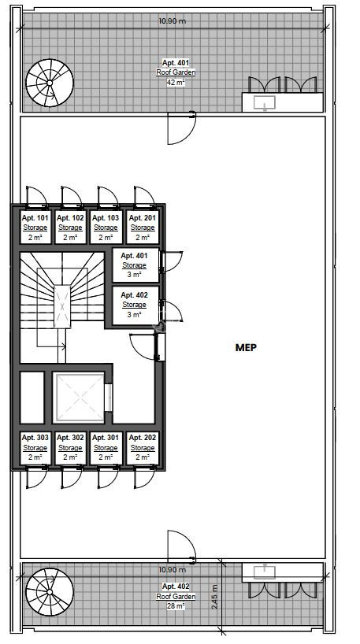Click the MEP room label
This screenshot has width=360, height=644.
[x=246, y=347]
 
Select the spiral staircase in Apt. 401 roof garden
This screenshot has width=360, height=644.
[x=50, y=83]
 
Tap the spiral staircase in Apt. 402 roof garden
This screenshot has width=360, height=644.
[x=50, y=592]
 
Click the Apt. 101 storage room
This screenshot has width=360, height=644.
[x=35, y=228]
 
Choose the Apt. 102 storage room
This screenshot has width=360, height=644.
[x=70, y=228]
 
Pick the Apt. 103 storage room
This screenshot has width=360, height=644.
[x=106, y=228]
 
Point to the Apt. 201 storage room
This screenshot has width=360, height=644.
[x=143, y=228]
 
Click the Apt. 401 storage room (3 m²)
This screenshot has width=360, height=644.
[x=135, y=265]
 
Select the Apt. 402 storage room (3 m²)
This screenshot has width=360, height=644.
[x=135, y=305]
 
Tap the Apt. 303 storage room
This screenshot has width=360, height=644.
[x=35, y=448]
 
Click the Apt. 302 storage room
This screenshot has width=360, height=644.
[x=70, y=448]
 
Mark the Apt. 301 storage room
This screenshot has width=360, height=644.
[x=106, y=448]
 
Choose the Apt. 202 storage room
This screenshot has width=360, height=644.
[x=143, y=448]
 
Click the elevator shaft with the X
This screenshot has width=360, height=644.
[x=80, y=397]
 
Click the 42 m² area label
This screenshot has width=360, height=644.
[x=176, y=82]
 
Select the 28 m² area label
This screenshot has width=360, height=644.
[x=176, y=605]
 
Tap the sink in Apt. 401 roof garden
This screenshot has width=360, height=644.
[x=264, y=102]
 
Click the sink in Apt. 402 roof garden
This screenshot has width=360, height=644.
[x=264, y=572]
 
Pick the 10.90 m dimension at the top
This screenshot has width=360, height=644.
[x=173, y=20]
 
